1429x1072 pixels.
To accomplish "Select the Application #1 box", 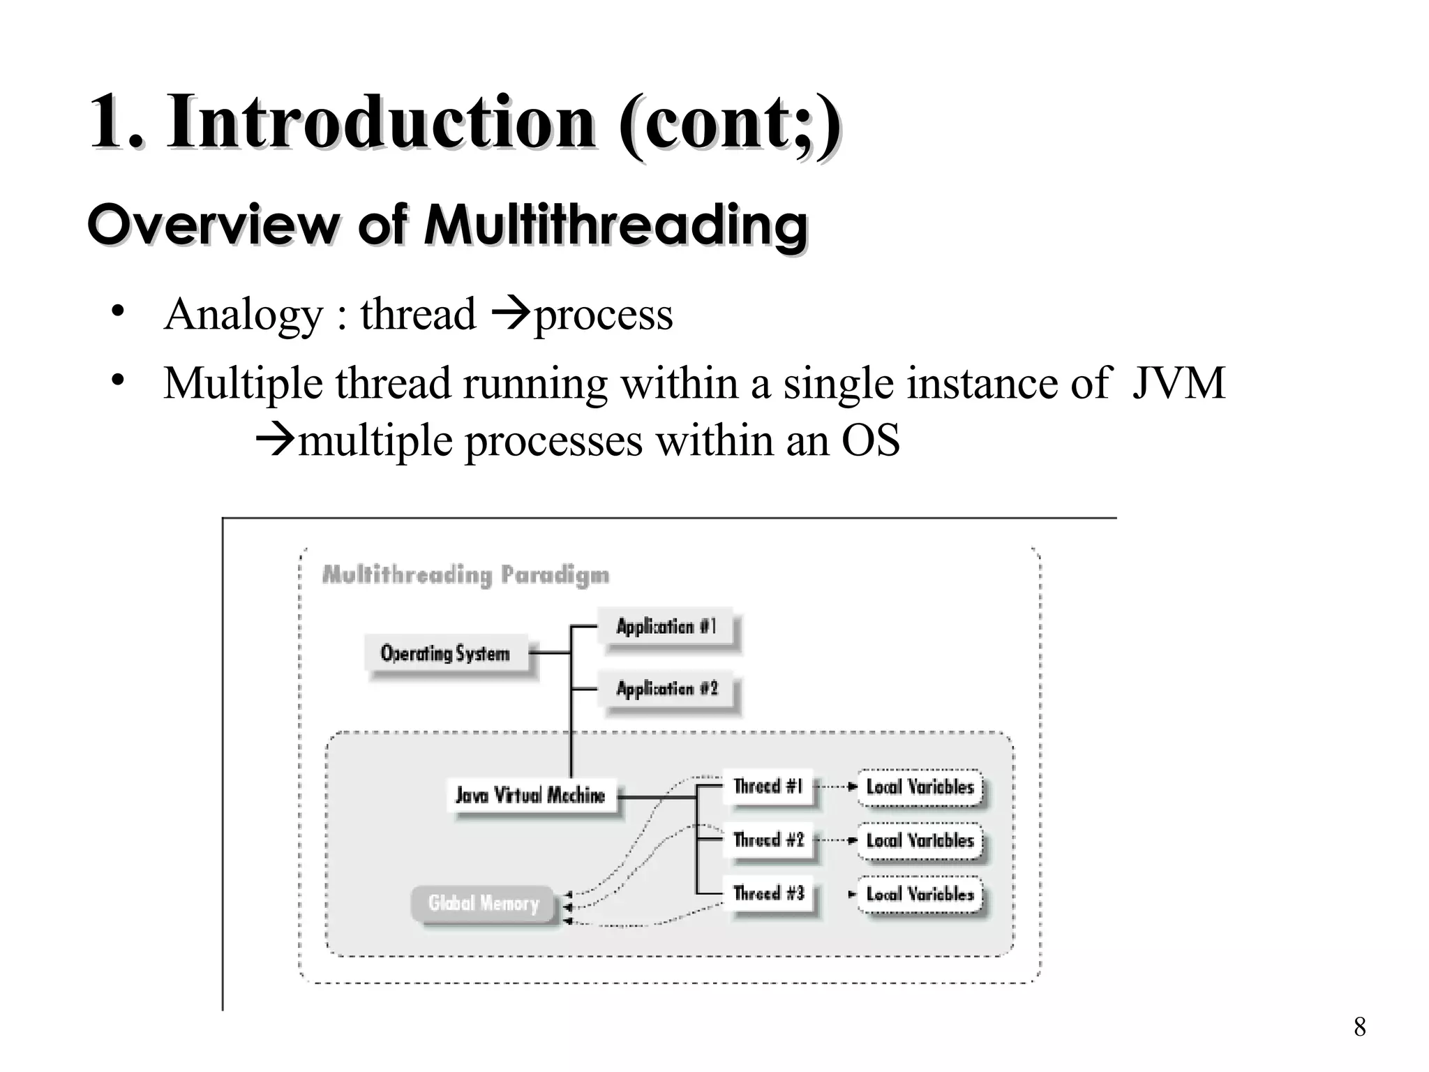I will (x=666, y=627).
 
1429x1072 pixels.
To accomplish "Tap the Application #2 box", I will (x=666, y=689).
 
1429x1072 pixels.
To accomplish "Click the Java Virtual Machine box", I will (x=530, y=795).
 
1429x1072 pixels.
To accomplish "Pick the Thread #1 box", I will (x=768, y=787).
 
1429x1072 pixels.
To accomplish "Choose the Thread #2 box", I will (x=768, y=840).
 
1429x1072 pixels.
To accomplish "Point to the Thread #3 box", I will (x=768, y=893).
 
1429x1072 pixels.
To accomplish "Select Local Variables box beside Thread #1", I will (x=920, y=787).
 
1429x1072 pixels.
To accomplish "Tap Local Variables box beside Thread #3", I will (x=920, y=894).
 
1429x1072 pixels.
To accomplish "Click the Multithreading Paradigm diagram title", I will (x=465, y=575).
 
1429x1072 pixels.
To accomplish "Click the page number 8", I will (x=1359, y=1027).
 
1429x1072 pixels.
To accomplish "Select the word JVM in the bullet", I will (x=1178, y=383).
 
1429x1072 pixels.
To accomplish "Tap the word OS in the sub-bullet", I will (x=870, y=441).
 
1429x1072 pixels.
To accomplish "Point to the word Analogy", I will (x=243, y=314).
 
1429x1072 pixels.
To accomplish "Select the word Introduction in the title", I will (x=381, y=121).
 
